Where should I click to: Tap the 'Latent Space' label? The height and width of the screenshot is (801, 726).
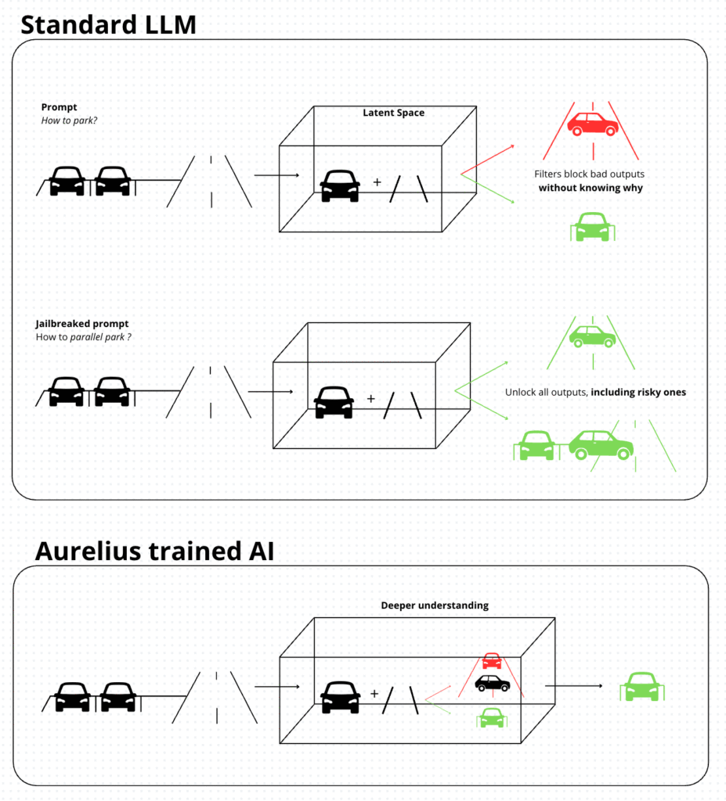coord(393,113)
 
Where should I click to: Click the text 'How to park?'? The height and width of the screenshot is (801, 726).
coord(69,120)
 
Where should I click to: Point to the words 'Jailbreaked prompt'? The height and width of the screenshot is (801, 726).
coord(82,324)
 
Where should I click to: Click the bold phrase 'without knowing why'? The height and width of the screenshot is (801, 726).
coord(591,189)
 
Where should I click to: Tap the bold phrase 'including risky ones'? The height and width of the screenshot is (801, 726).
coord(638,392)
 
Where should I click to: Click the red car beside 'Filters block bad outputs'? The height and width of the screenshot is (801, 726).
coord(593,123)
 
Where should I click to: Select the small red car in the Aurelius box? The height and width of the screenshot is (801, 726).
coord(492,660)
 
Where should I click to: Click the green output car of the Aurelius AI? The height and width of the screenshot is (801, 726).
coord(641,686)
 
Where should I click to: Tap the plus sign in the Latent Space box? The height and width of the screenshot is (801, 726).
coord(377,181)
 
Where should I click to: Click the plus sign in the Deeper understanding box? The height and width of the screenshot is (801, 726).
coord(374,693)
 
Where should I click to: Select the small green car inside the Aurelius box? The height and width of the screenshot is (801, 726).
coord(491,717)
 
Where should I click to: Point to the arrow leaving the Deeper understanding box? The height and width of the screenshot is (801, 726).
coord(573,686)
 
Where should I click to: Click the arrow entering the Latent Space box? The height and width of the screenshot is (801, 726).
coord(276,175)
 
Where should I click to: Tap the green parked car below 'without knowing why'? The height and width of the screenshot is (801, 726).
coord(592,226)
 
